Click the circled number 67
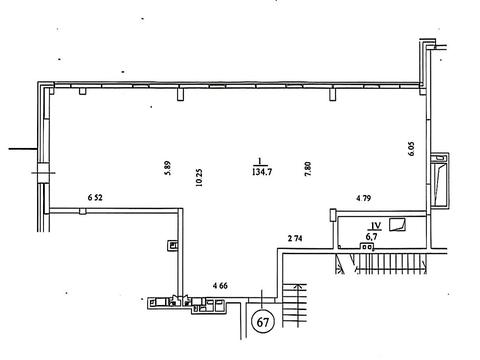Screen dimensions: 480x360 (x=263, y=322)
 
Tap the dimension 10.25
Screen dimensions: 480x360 (x=199, y=177)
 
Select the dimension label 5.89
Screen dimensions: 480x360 (x=168, y=168)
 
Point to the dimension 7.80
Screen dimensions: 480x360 (x=308, y=169)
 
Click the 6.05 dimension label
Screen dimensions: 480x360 (x=411, y=149)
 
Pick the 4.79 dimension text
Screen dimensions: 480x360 (x=364, y=198)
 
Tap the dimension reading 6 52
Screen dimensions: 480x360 (x=95, y=197)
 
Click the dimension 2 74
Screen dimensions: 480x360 (x=295, y=238)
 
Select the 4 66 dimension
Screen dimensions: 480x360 (x=220, y=286)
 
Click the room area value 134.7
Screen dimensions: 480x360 (x=262, y=172)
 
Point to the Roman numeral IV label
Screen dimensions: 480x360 (x=375, y=226)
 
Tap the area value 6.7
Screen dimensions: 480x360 (x=372, y=237)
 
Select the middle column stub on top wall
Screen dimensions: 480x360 (x=180, y=93)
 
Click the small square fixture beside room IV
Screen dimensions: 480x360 (x=398, y=224)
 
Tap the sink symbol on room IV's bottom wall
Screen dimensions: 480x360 (x=366, y=246)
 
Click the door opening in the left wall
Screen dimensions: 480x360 (x=43, y=173)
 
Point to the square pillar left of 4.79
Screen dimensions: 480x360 (x=333, y=214)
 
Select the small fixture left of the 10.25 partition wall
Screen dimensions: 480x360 (x=173, y=246)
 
